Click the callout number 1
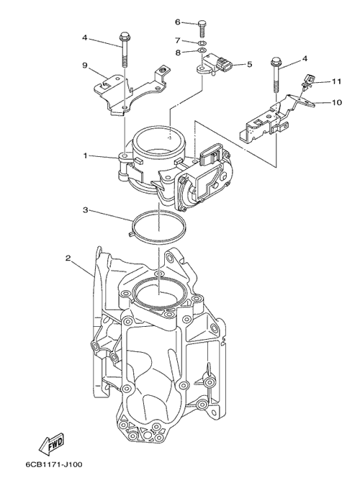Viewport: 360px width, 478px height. coord(86,155)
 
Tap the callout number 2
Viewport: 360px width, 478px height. coord(68,258)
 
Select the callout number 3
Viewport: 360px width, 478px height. coord(86,210)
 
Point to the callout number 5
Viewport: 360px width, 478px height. coord(250,64)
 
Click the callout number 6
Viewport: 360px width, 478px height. coord(178,22)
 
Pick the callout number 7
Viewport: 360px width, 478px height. coord(178,40)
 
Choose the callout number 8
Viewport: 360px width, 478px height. coord(178,53)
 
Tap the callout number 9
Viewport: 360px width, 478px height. coord(85,66)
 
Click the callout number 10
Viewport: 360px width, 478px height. coord(337,102)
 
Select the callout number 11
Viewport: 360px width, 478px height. coord(336,81)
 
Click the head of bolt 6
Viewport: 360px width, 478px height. coord(202,23)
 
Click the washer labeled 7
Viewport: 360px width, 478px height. coord(202,42)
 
